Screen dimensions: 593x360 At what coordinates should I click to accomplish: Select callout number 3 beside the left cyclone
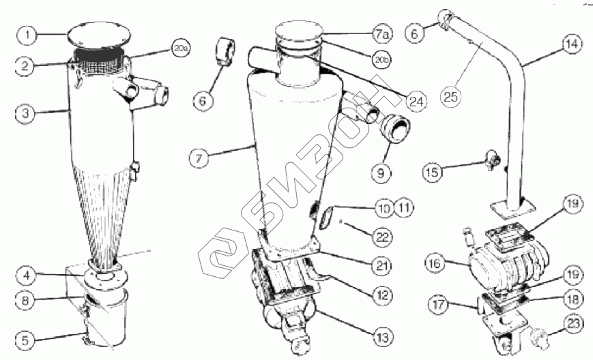[25, 113]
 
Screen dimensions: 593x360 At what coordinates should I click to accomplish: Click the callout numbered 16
[434, 261]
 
